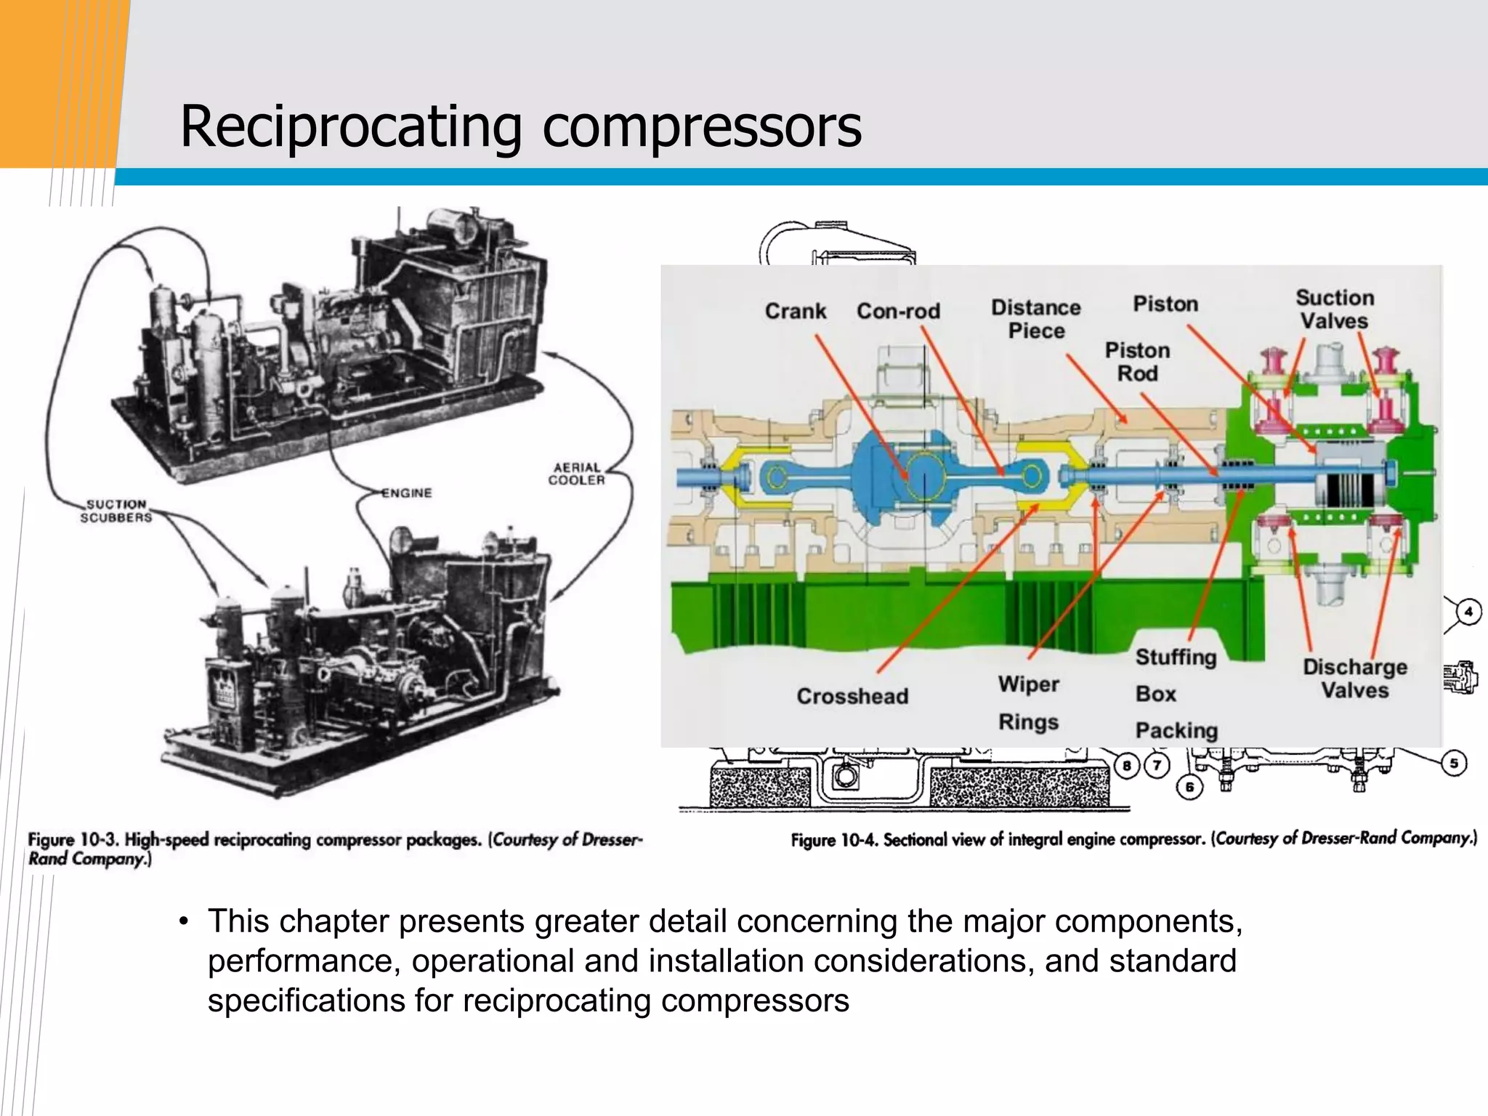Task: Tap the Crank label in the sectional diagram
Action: pyautogui.click(x=795, y=312)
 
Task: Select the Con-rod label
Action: pyautogui.click(x=898, y=312)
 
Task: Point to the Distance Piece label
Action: pyautogui.click(x=1035, y=319)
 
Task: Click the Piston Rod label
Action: pyautogui.click(x=1137, y=362)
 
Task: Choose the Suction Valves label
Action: pyautogui.click(x=1335, y=310)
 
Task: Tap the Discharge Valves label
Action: pyautogui.click(x=1354, y=679)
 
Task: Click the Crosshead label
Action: pyautogui.click(x=852, y=696)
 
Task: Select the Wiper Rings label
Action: pyautogui.click(x=1028, y=703)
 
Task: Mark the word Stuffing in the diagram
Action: pyautogui.click(x=1176, y=657)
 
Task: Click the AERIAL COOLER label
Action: pyautogui.click(x=577, y=474)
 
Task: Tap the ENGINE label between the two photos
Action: pyautogui.click(x=407, y=493)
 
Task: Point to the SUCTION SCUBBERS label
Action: pyautogui.click(x=116, y=511)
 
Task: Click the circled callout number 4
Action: pyautogui.click(x=1468, y=612)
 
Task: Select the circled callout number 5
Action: pyautogui.click(x=1454, y=763)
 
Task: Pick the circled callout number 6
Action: pyautogui.click(x=1189, y=787)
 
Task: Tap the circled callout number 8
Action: pyautogui.click(x=1127, y=765)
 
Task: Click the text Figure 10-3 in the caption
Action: pyautogui.click(x=73, y=841)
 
